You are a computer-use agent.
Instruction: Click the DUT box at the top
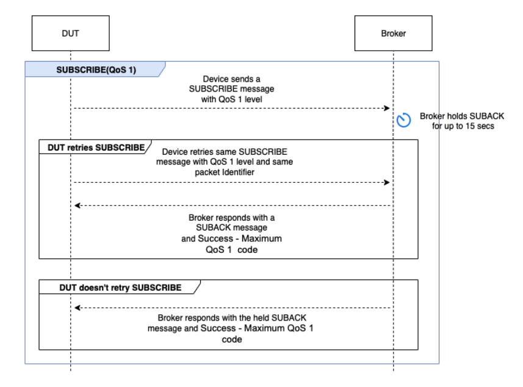(x=70, y=34)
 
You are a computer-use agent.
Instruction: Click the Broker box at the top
(x=393, y=34)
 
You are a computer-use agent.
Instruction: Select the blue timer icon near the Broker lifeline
(x=403, y=121)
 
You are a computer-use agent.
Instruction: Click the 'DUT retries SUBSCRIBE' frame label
(x=92, y=147)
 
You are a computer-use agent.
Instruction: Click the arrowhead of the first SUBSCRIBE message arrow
(x=386, y=108)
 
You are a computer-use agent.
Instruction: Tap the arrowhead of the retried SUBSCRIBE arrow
(x=386, y=182)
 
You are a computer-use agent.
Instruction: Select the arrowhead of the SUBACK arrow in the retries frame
(x=78, y=205)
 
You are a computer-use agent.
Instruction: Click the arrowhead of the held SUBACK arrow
(x=78, y=308)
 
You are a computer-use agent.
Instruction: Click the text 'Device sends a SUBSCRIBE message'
(x=231, y=85)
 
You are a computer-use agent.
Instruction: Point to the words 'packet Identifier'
(x=231, y=172)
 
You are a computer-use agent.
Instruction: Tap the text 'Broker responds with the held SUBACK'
(x=231, y=318)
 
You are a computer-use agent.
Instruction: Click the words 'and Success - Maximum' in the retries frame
(x=231, y=238)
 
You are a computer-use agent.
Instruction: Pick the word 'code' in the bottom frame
(x=231, y=339)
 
